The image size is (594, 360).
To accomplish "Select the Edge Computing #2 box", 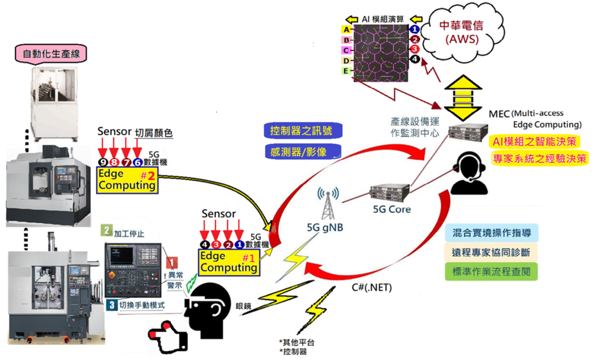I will click(x=127, y=180).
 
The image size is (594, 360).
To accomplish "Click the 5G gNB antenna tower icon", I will click(x=329, y=203).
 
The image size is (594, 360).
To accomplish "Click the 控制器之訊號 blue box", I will click(x=301, y=131).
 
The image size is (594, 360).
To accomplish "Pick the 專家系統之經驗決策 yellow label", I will click(x=539, y=158).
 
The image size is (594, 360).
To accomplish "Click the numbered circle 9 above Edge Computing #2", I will click(x=103, y=163).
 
